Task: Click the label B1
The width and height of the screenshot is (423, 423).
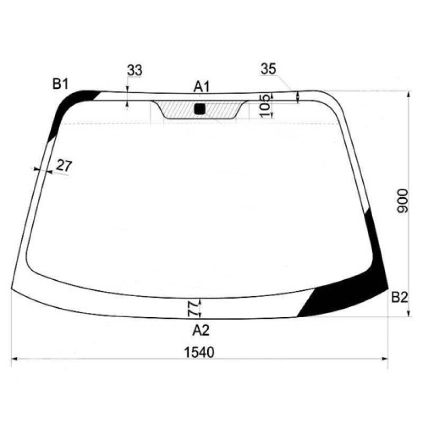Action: [60, 83]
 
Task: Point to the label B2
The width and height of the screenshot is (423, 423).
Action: [399, 298]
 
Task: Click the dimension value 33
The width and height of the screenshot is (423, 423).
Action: [135, 70]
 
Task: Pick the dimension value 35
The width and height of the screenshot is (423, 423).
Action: [269, 69]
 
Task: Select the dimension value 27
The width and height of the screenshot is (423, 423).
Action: [63, 165]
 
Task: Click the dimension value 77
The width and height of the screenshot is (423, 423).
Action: [193, 308]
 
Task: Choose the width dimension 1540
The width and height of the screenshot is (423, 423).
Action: [199, 352]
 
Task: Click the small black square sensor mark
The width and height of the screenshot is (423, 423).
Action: [199, 109]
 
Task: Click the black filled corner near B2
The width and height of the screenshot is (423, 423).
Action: [349, 299]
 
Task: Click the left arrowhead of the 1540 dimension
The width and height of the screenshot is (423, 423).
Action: [14, 359]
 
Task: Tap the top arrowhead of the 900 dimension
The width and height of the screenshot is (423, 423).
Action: [409, 94]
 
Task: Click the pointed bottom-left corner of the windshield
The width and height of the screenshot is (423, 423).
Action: [12, 288]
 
